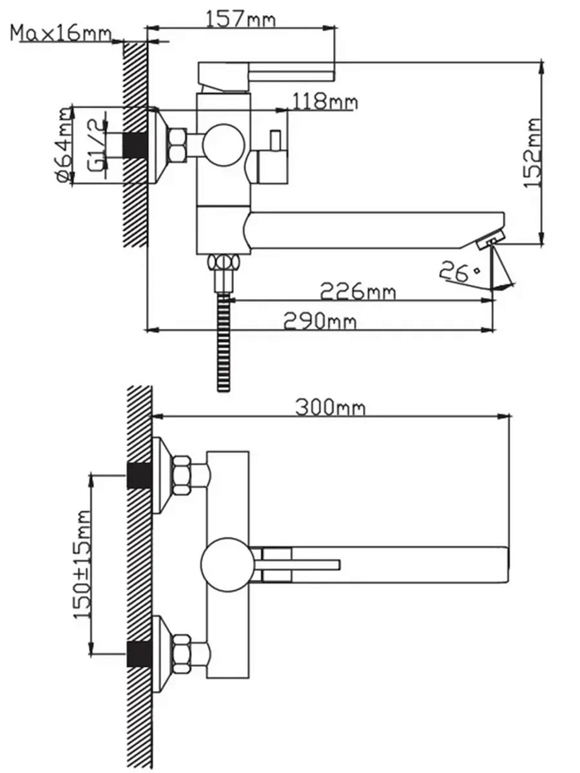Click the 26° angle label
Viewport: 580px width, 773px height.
pos(459,271)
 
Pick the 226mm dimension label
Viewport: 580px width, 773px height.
pos(358,291)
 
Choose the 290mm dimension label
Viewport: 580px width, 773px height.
pos(320,321)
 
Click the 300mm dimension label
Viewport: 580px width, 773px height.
pos(330,407)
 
